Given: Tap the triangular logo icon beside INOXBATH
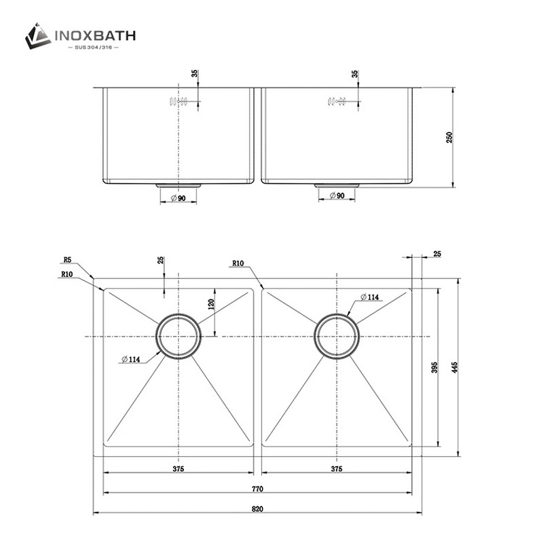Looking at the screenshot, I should pos(38,35).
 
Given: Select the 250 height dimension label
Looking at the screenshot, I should pos(449,137).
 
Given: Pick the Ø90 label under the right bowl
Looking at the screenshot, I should pos(337,196).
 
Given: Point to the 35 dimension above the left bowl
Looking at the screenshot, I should pos(195,75).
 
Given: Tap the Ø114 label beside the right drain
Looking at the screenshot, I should pos(369,297).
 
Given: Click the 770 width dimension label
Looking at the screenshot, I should pos(258,489).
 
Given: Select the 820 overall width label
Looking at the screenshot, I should pos(258,508).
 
